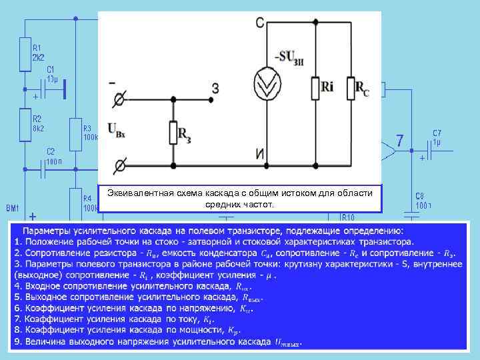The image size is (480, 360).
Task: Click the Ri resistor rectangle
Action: [x=315, y=87]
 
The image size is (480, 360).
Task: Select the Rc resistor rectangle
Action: [x=351, y=87]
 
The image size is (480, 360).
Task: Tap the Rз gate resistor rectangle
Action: [x=173, y=132]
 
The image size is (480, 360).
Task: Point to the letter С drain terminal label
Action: [x=259, y=24]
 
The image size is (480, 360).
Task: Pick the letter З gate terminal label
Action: [x=215, y=87]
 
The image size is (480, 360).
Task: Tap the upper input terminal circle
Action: [x=121, y=99]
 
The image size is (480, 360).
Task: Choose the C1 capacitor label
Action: [x=51, y=74]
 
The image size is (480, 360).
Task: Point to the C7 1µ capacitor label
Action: [x=437, y=137]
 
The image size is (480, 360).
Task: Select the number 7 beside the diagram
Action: [x=399, y=141]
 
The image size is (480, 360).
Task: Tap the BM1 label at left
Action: [x=13, y=207]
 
